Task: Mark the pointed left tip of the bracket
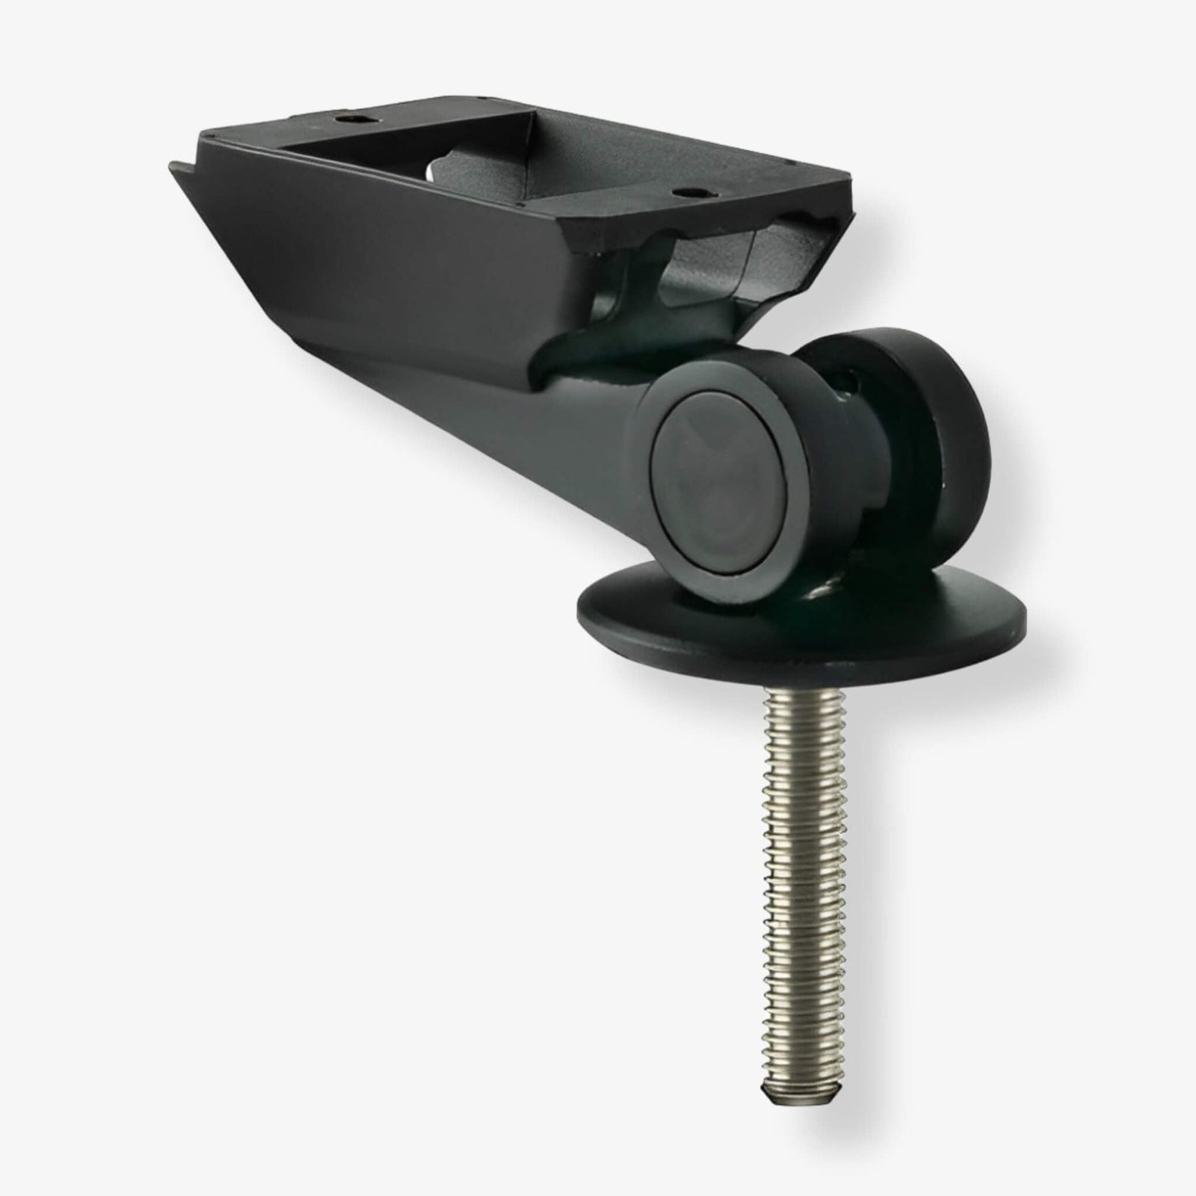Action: point(173,166)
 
